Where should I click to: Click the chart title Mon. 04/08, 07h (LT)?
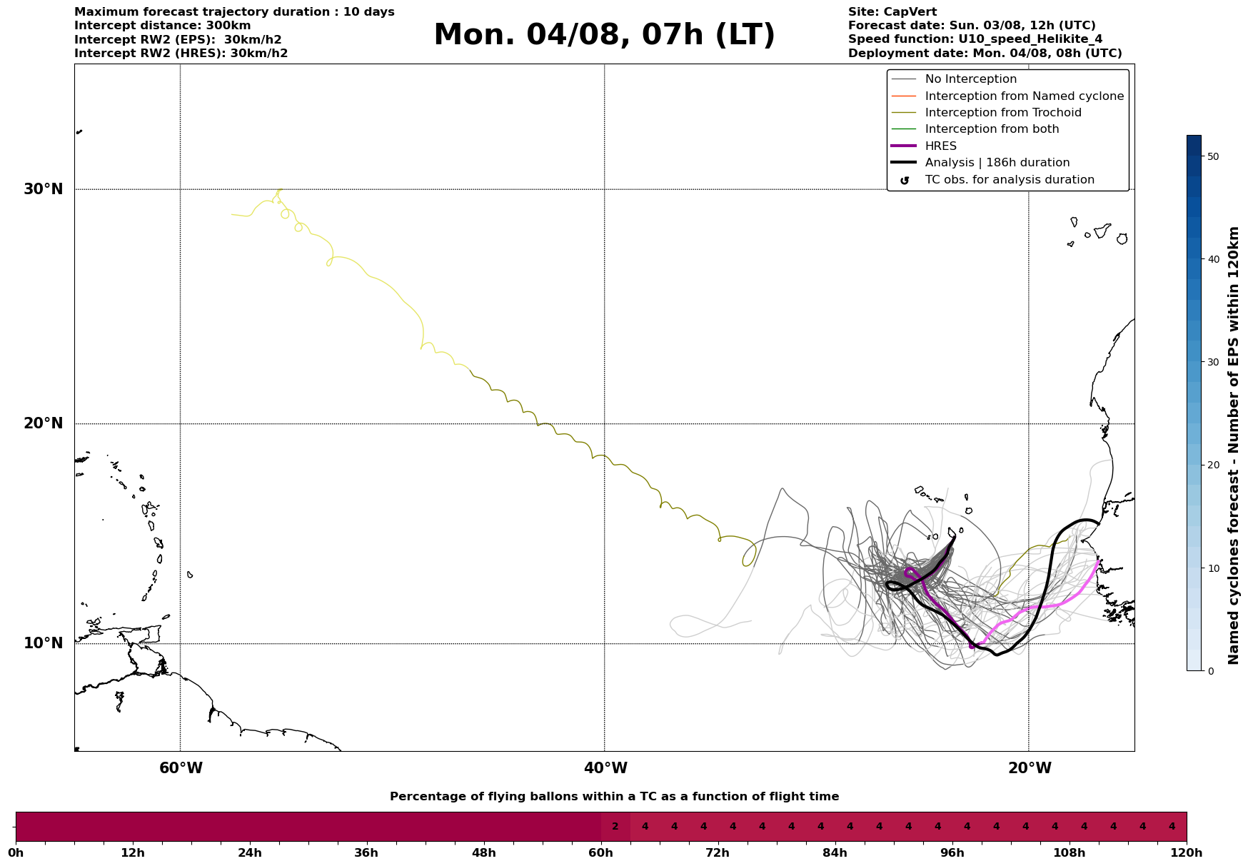coord(604,35)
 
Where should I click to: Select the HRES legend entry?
coord(940,146)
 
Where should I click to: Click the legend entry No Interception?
coord(970,79)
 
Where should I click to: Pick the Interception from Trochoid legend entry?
coord(1002,113)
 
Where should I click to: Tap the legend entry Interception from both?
coord(992,129)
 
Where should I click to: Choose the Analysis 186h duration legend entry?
coord(997,163)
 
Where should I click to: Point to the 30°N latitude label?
coord(44,189)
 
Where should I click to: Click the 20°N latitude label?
coord(44,423)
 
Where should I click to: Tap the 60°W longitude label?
coord(181,768)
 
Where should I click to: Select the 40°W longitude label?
coord(605,768)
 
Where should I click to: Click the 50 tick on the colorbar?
coord(1212,156)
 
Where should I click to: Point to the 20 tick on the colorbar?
coord(1212,465)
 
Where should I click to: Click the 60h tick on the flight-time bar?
coord(601,852)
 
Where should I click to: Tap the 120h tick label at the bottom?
coord(1186,852)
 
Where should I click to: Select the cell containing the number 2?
coord(615,827)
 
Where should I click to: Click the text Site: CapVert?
coord(892,12)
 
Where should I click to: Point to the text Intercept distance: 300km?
coord(162,26)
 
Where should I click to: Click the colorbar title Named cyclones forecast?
coord(1233,445)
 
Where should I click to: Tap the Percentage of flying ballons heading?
coord(614,797)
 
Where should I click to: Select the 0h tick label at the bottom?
coord(16,852)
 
